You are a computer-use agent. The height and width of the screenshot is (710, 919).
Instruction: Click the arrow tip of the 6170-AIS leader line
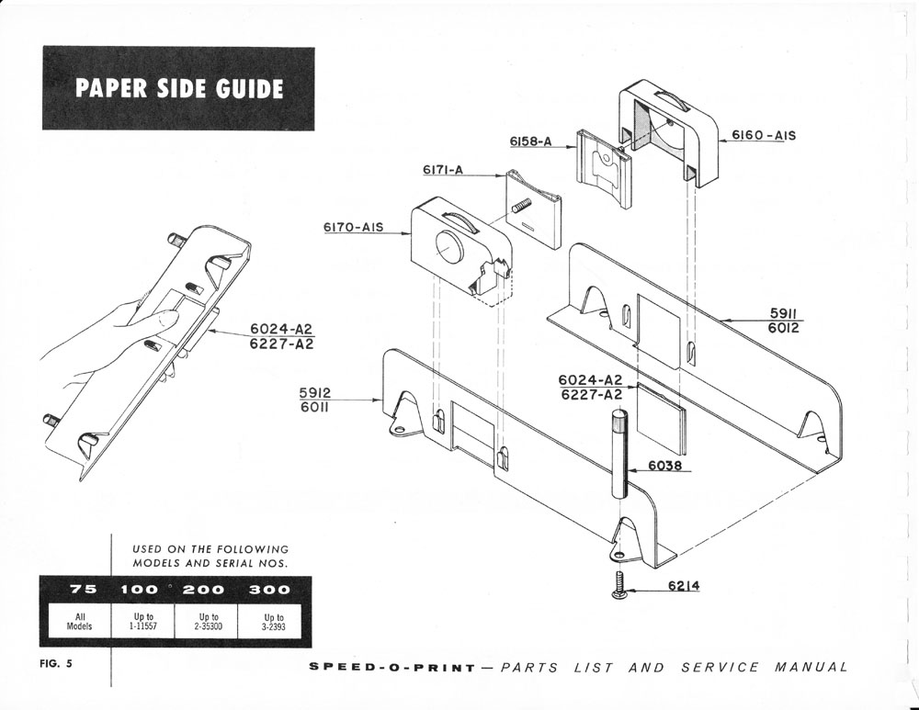(411, 233)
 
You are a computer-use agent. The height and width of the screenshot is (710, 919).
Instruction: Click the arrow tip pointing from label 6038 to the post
(626, 471)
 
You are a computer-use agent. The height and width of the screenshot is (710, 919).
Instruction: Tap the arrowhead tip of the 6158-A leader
(576, 148)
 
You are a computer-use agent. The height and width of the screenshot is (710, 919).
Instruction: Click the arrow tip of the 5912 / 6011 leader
(382, 400)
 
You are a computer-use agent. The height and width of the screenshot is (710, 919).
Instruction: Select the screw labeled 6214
(618, 586)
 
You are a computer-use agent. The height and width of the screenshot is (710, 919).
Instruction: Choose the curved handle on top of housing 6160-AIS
(670, 99)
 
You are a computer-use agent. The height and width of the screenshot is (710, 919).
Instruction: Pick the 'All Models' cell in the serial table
(79, 622)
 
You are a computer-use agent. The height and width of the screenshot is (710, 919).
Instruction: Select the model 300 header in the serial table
(269, 590)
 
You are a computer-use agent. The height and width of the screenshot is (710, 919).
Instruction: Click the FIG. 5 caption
(56, 664)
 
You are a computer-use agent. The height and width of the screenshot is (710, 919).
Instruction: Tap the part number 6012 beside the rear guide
(783, 329)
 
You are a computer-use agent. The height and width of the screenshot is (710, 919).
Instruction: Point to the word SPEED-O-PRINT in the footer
(392, 668)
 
